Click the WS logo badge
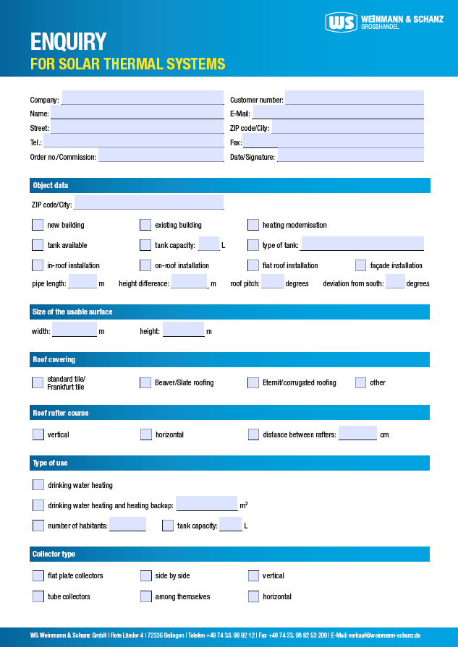[342, 22]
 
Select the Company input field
[143, 98]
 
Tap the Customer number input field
[354, 98]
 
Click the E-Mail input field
[338, 113]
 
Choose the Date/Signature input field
[350, 156]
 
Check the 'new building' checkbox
[38, 225]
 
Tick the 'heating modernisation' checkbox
[253, 225]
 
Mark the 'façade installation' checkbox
[361, 265]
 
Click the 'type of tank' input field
[362, 244]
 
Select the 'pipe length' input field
[82, 282]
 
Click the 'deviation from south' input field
[394, 282]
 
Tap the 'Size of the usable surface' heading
[72, 312]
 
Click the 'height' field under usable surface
[183, 330]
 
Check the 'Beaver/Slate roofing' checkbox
[145, 382]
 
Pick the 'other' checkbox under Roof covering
[361, 382]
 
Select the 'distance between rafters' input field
[357, 434]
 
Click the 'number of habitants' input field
[127, 525]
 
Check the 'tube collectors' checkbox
[38, 596]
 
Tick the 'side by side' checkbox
[146, 575]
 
